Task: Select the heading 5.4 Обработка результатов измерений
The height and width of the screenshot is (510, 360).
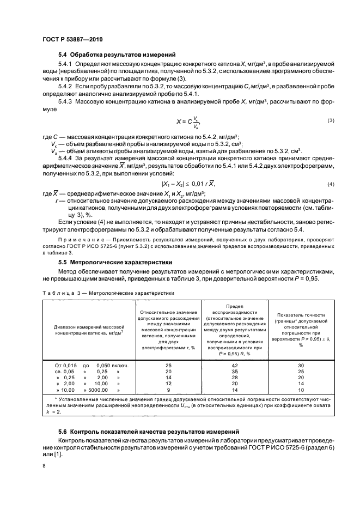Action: (117, 54)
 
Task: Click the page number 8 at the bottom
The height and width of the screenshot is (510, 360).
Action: (43, 466)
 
